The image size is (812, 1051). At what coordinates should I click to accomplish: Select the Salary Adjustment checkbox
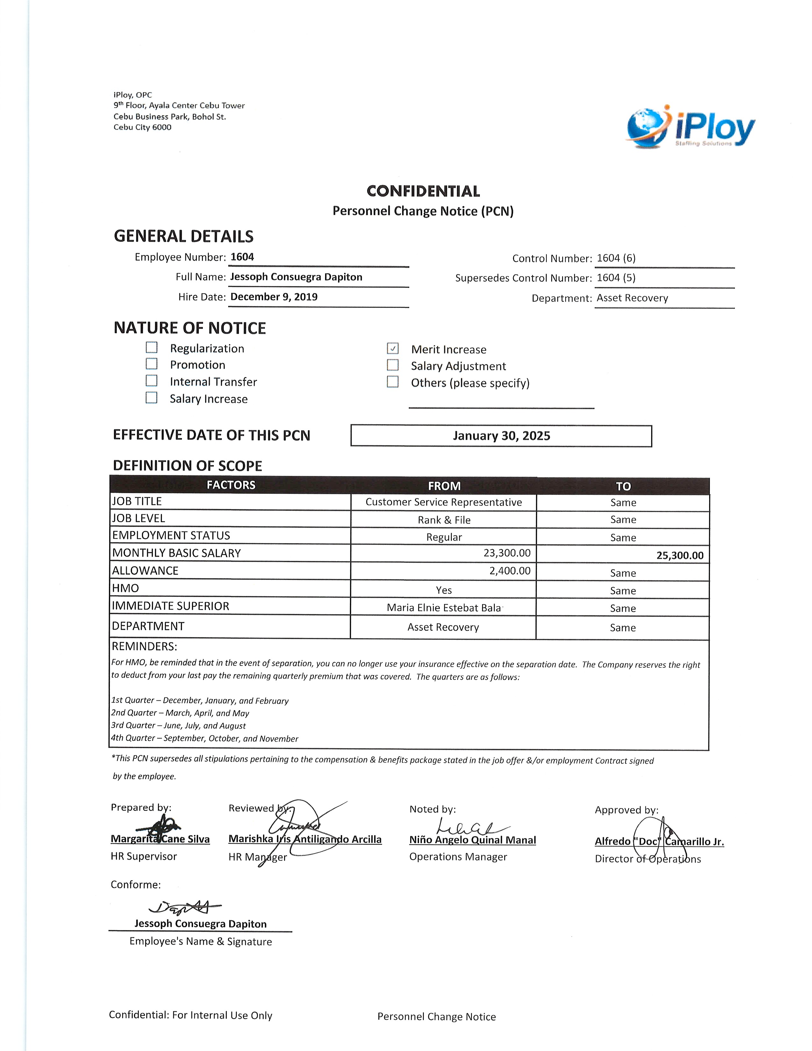click(393, 365)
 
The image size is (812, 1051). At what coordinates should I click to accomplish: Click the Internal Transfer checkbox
click(152, 381)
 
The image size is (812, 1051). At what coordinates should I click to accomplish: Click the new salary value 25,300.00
click(680, 555)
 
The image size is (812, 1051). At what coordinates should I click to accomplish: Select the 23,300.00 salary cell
click(507, 553)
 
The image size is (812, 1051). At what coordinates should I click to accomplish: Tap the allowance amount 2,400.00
click(510, 571)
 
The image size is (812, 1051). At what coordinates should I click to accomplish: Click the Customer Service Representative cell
click(444, 502)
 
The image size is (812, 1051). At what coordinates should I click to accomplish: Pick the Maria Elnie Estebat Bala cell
click(444, 608)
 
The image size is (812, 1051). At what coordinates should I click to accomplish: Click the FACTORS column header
click(231, 485)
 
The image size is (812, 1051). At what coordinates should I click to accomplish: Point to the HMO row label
click(125, 588)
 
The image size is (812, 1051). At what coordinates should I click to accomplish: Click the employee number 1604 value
click(242, 257)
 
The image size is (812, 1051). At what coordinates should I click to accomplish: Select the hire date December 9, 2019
click(274, 297)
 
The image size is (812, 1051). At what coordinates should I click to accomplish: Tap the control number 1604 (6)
click(616, 258)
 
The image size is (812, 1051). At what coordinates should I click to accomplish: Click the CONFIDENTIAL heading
click(423, 191)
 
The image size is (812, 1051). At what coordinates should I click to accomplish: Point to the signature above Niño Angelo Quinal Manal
click(469, 827)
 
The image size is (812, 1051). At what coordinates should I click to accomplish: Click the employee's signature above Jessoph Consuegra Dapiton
click(185, 908)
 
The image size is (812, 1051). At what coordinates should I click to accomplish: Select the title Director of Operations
click(647, 859)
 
